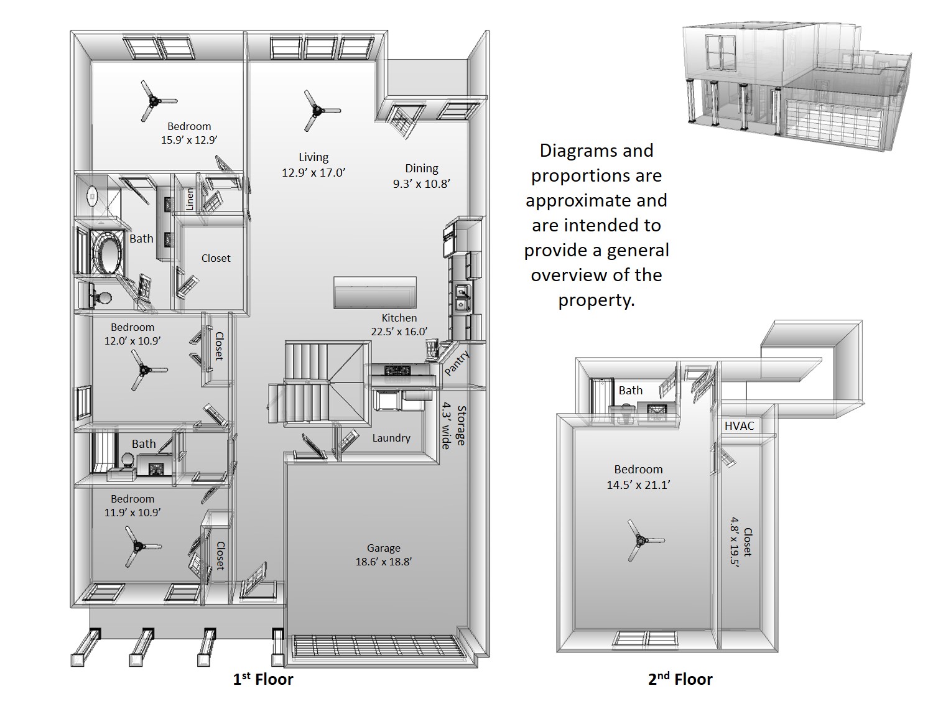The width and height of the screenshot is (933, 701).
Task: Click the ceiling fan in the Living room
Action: click(x=318, y=111)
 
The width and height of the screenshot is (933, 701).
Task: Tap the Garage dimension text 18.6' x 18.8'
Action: click(x=383, y=562)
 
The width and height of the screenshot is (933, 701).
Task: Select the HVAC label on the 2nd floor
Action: click(x=740, y=426)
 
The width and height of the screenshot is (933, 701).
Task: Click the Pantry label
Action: click(x=457, y=363)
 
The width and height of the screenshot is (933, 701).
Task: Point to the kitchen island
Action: click(x=375, y=292)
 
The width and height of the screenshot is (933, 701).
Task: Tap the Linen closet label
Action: click(x=190, y=199)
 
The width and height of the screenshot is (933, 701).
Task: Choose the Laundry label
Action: click(x=391, y=438)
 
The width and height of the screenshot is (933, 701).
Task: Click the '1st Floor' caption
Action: click(x=263, y=679)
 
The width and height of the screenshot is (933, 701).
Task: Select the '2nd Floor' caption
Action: click(x=680, y=679)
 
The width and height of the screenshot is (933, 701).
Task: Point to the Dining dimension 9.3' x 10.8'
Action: click(x=421, y=183)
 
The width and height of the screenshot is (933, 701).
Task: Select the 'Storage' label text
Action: click(x=462, y=425)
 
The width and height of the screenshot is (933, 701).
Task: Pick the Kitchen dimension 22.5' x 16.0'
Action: click(x=399, y=332)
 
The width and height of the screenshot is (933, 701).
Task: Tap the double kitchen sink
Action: click(x=462, y=297)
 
